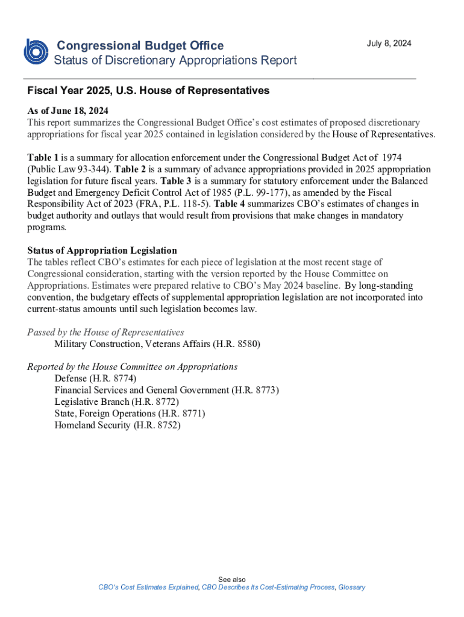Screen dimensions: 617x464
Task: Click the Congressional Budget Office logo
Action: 36,51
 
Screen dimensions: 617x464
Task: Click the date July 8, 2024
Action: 389,44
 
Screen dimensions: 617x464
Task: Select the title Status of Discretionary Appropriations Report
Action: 175,60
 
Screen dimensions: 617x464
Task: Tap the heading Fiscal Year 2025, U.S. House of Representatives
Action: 148,91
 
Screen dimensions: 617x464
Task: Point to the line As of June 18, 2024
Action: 67,111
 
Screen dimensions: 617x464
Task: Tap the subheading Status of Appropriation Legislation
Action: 102,251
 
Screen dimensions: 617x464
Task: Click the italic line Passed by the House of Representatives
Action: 105,333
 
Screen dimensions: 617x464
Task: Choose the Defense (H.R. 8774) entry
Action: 95,378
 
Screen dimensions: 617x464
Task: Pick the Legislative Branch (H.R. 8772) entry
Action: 116,402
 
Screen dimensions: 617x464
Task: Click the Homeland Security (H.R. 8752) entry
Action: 118,425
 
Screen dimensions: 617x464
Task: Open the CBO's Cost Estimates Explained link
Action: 148,587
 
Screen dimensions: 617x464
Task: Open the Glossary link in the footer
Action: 351,587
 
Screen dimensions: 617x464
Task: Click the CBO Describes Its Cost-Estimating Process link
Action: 268,587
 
